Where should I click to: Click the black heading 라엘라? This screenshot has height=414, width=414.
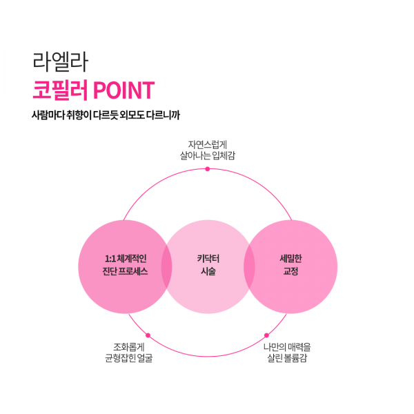coord(60,62)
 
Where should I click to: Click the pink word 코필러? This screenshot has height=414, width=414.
coord(60,90)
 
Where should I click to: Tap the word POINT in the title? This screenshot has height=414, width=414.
coord(124,90)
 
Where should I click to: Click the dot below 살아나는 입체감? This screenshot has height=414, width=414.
coord(208,169)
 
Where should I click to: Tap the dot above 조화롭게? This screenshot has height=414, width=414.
coord(148,335)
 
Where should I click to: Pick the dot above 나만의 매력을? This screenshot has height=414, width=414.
coord(266,335)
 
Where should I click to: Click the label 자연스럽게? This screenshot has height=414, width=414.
coord(208,145)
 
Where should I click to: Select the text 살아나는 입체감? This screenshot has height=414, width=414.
coord(208,155)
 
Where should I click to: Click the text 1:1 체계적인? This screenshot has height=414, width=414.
coord(126,259)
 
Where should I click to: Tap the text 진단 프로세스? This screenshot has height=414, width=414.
coord(125,271)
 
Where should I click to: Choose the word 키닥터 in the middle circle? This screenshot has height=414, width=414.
coord(208,259)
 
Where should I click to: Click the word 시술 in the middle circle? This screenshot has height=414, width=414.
coord(208,271)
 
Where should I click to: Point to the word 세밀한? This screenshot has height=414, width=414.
coord(290,259)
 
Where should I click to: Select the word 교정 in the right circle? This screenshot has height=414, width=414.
coord(290,271)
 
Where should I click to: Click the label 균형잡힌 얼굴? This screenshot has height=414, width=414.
coord(129,358)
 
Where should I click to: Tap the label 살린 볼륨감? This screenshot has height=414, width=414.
coord(287,358)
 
